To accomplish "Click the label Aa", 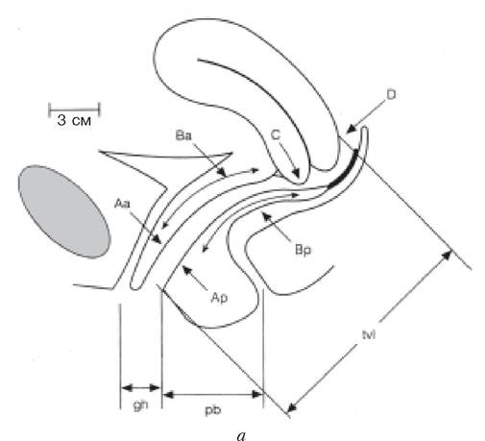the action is pos(122,204).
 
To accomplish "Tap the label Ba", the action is pos(183,135).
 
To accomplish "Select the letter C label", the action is pos(276,135).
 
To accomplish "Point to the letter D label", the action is pos(391,94).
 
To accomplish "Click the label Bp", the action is pos(303,250).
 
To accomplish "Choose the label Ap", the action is pos(219,298).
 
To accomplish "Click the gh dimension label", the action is pos(140,405).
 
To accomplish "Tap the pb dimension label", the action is pos(213,410).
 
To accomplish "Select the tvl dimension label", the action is pos(369,335).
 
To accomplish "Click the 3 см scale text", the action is pos(74,120).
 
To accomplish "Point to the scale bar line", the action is pos(74,110).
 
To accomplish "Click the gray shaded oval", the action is pos(64,211).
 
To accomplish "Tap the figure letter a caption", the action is pos(241,435).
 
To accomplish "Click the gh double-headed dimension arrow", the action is pos(140,388).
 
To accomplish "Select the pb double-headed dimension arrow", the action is pos(213,394).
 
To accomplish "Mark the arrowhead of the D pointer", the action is pos(351,129).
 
